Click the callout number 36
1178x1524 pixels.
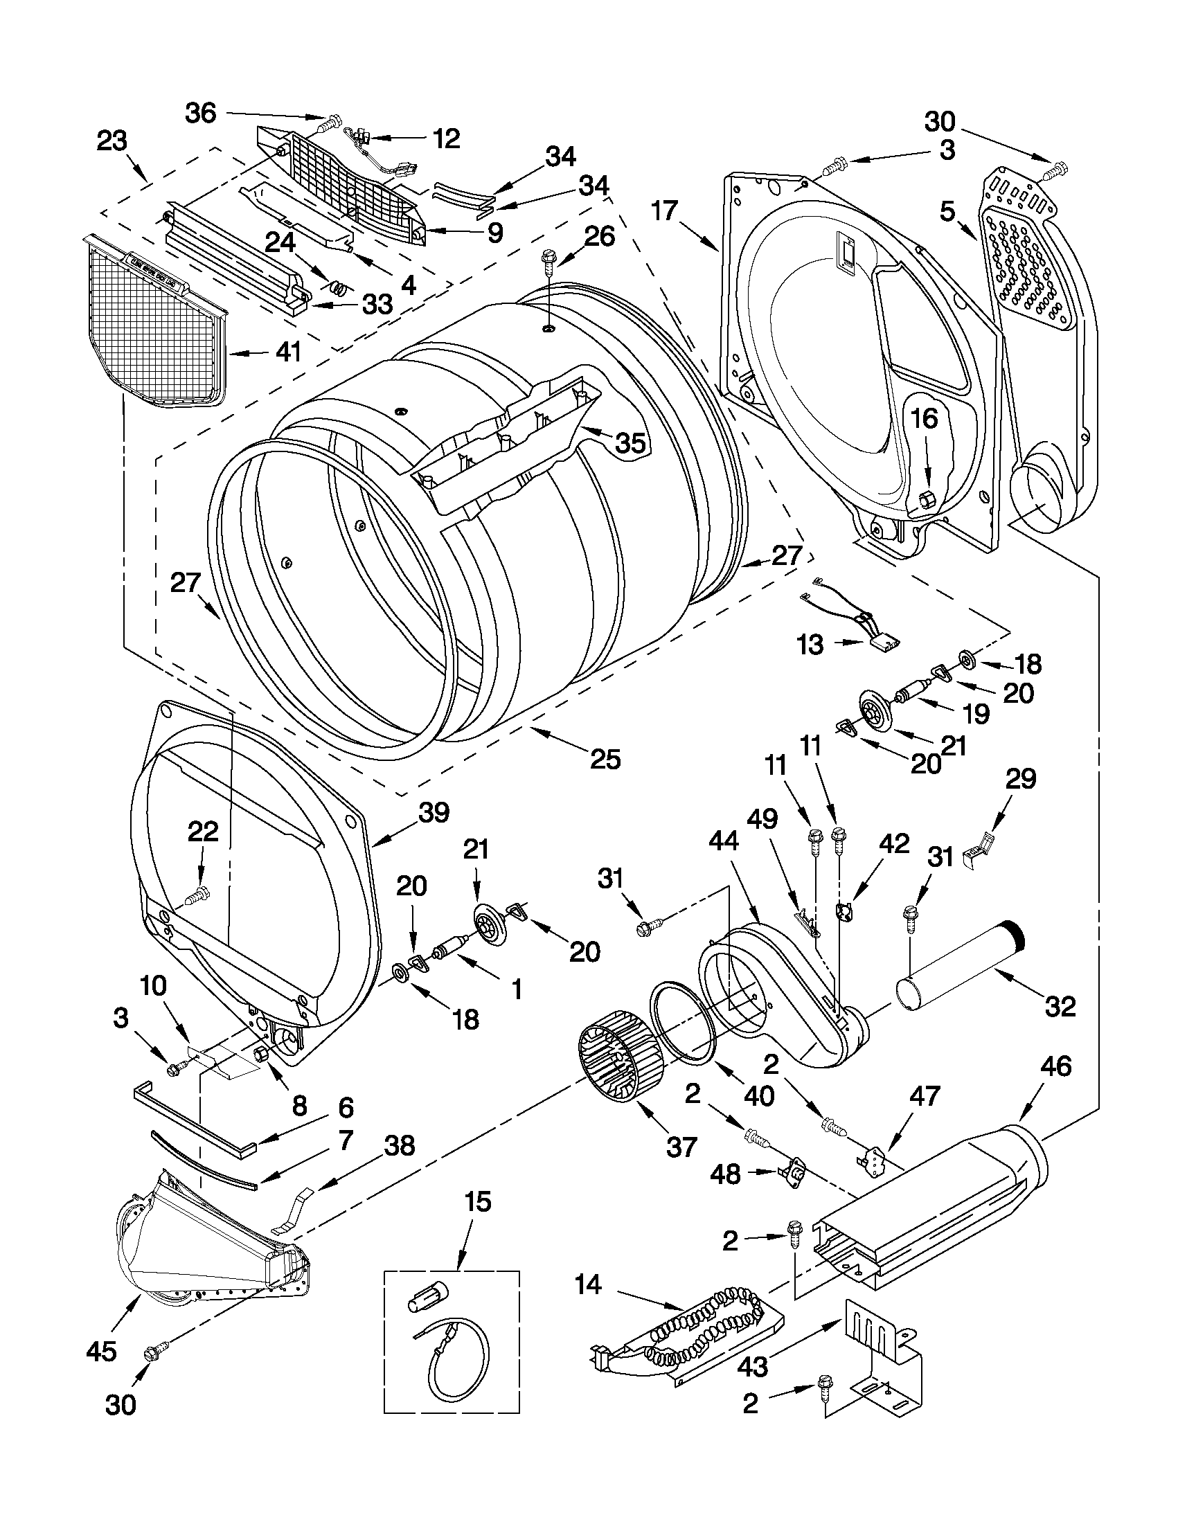click(x=200, y=113)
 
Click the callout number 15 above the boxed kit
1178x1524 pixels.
click(x=478, y=1201)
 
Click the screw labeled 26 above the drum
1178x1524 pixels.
click(x=548, y=266)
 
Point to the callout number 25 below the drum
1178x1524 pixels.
click(x=605, y=759)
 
